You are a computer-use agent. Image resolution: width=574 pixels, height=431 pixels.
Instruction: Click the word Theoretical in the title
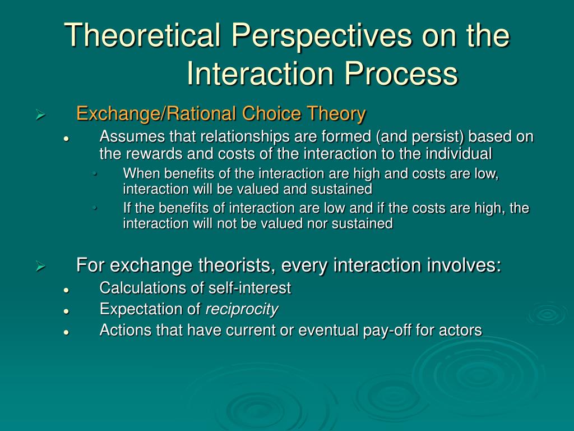tap(142, 35)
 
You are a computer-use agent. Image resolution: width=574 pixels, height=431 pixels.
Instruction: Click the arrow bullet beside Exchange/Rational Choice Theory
tap(40, 115)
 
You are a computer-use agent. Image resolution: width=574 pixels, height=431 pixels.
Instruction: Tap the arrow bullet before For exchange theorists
tap(40, 267)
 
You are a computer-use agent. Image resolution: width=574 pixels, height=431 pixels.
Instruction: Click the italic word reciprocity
tap(242, 310)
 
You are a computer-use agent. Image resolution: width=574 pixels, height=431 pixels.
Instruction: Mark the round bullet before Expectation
tap(66, 311)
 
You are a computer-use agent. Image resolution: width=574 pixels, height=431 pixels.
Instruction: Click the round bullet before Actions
tap(66, 332)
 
